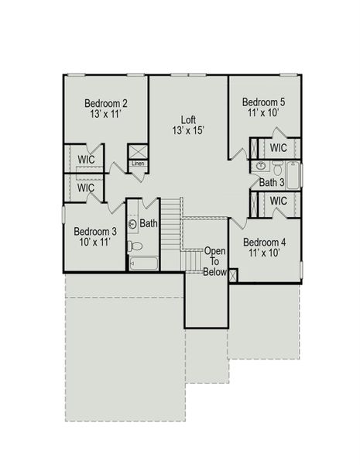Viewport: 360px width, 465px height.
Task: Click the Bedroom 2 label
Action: coord(106,103)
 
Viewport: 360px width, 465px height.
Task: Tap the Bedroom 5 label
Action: coord(264,102)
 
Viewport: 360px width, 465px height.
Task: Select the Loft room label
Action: coord(188,119)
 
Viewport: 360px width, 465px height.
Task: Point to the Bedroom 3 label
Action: coord(95,230)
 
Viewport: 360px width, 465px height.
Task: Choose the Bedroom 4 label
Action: coord(264,242)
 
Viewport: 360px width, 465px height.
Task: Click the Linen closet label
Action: coord(138,164)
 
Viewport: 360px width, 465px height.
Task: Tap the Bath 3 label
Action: coord(272,183)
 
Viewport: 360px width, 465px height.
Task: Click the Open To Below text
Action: coord(215,261)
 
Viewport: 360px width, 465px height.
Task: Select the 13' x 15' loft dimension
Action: coord(188,131)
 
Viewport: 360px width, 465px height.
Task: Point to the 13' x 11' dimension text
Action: coord(106,115)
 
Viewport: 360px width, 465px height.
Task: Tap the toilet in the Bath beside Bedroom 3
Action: coord(135,246)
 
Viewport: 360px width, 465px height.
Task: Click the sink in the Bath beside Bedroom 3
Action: coord(133,225)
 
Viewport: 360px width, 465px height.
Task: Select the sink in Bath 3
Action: coord(260,166)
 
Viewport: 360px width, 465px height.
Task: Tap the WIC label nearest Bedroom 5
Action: coord(279,147)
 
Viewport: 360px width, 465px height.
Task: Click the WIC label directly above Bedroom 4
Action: coord(279,201)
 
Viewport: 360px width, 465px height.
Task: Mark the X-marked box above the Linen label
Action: coord(137,150)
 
